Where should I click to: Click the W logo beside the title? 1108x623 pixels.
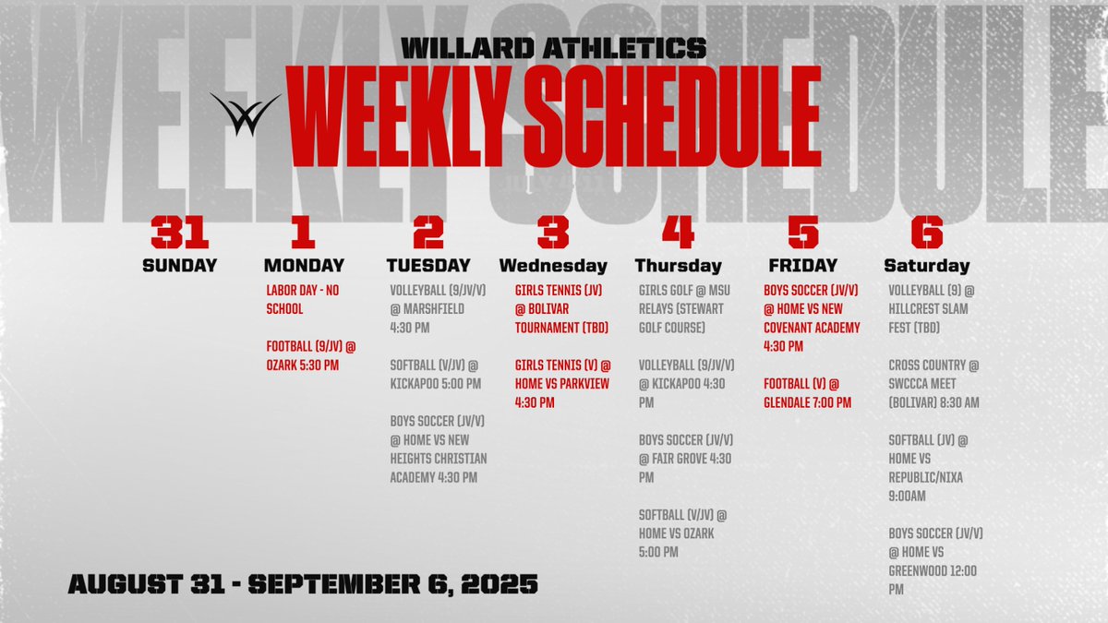[244, 114]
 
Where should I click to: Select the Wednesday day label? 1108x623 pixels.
[553, 266]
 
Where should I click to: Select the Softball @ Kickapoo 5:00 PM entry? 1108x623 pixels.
[435, 374]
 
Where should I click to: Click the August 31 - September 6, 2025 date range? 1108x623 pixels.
[303, 583]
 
